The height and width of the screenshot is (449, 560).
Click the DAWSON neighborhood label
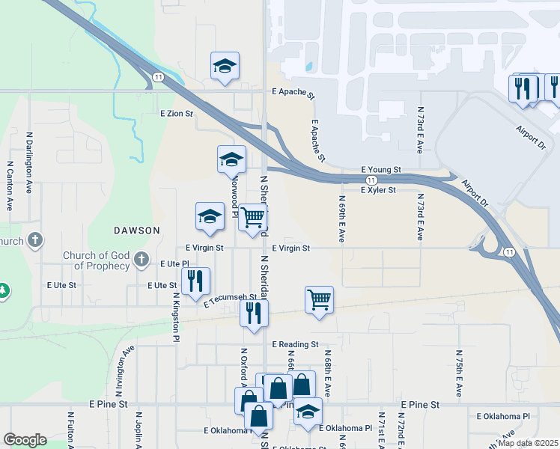click(136, 230)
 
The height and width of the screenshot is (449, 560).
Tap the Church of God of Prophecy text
click(96, 260)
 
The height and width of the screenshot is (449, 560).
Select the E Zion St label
click(177, 114)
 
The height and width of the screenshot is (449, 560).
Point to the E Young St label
click(381, 171)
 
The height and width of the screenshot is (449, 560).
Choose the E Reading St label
click(295, 344)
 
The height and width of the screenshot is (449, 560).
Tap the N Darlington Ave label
click(30, 163)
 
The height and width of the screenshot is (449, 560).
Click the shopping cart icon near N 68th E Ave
click(320, 299)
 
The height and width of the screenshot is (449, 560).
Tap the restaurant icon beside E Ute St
click(195, 281)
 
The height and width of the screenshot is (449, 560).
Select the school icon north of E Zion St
click(224, 66)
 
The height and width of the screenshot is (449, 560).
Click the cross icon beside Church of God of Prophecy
click(142, 260)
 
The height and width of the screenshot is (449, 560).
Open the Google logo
click(25, 440)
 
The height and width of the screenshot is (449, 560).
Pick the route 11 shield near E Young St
click(371, 180)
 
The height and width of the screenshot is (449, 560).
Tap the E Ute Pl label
click(174, 264)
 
